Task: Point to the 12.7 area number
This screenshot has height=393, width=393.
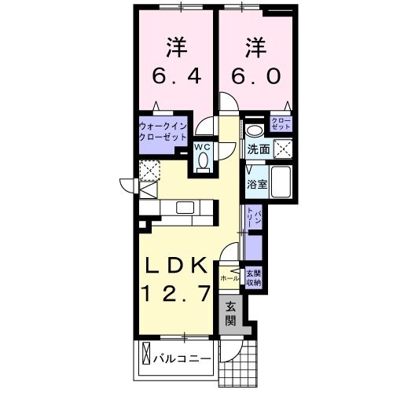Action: (177, 294)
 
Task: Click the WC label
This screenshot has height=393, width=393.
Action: (203, 146)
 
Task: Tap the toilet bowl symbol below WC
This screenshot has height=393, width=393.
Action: (203, 161)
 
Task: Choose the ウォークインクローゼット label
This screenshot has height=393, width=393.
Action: (162, 130)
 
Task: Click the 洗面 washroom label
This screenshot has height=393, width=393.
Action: (259, 149)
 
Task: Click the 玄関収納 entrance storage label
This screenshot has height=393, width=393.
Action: (254, 277)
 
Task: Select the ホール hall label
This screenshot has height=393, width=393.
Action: (230, 277)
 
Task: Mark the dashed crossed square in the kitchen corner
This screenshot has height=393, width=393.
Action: (149, 170)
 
